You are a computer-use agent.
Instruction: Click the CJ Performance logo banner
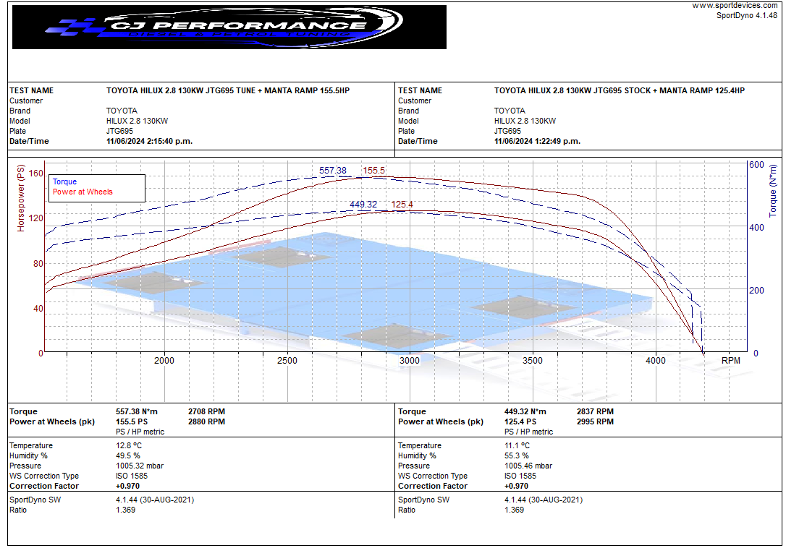pyautogui.click(x=229, y=27)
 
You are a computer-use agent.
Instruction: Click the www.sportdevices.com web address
pyautogui.click(x=735, y=6)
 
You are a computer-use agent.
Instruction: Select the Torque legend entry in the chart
pyautogui.click(x=64, y=181)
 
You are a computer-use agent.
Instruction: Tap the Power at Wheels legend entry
pyautogui.click(x=83, y=192)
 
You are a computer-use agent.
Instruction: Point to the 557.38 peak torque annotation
pyautogui.click(x=333, y=171)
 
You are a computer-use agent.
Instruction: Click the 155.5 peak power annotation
pyautogui.click(x=374, y=171)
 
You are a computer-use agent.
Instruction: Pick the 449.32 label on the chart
pyautogui.click(x=363, y=205)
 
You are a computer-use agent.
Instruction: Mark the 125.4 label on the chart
pyautogui.click(x=402, y=205)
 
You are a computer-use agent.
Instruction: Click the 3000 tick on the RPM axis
pyautogui.click(x=410, y=361)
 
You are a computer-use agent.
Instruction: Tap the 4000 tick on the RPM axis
pyautogui.click(x=656, y=361)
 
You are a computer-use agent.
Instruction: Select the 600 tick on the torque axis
pyautogui.click(x=756, y=165)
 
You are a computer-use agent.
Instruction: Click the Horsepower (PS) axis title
pyautogui.click(x=21, y=197)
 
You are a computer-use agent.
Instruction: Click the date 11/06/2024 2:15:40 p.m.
pyautogui.click(x=149, y=141)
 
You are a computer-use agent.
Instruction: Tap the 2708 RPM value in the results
pyautogui.click(x=206, y=411)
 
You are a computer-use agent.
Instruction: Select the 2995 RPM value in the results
pyautogui.click(x=595, y=421)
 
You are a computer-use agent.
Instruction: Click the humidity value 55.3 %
pyautogui.click(x=517, y=455)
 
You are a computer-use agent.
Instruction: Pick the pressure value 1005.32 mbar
pyautogui.click(x=140, y=466)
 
